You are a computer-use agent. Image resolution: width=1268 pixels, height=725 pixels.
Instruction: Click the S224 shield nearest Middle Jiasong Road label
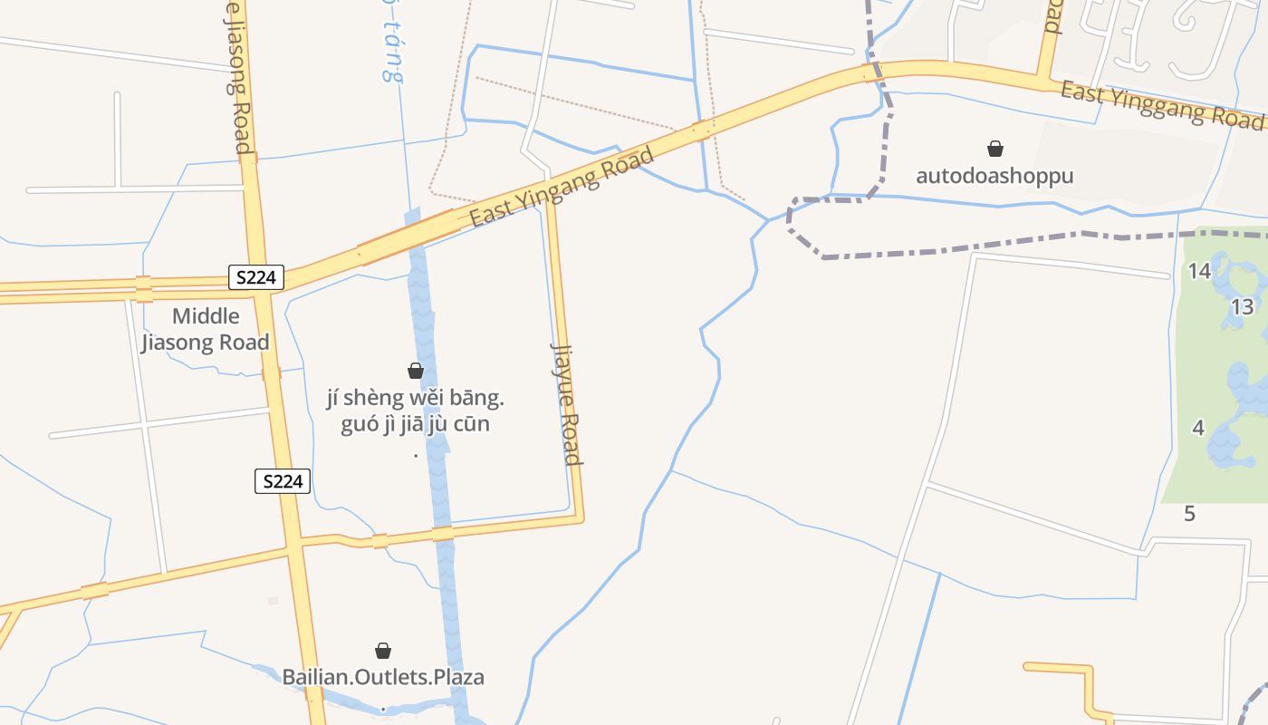pos(255,277)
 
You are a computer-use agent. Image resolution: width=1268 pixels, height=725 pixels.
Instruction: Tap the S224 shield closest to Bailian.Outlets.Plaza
pos(282,481)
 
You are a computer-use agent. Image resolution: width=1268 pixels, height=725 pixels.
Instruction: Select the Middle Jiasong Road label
pos(206,329)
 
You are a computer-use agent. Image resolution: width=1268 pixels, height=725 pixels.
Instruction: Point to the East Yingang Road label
pos(562,188)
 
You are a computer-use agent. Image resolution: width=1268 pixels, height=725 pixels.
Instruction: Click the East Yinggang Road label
pos(1161,103)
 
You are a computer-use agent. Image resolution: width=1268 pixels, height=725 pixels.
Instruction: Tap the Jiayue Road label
pos(566,403)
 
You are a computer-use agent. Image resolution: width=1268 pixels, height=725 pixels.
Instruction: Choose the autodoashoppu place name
pos(994,176)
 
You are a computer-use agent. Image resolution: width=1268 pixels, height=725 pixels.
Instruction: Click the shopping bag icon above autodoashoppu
pos(994,149)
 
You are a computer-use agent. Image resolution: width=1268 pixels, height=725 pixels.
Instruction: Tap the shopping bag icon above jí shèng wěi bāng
pos(416,371)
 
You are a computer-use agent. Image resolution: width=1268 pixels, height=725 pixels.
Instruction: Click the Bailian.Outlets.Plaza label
pos(383,677)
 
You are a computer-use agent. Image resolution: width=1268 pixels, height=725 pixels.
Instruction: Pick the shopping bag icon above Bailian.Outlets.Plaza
pos(383,651)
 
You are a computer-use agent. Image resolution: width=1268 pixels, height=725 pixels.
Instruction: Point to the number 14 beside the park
pos(1199,271)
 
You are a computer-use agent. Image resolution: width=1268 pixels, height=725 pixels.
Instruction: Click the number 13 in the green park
pos(1242,307)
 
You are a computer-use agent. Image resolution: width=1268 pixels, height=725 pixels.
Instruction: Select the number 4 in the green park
pos(1198,428)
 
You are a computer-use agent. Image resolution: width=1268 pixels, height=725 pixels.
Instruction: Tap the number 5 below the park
pos(1189,515)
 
